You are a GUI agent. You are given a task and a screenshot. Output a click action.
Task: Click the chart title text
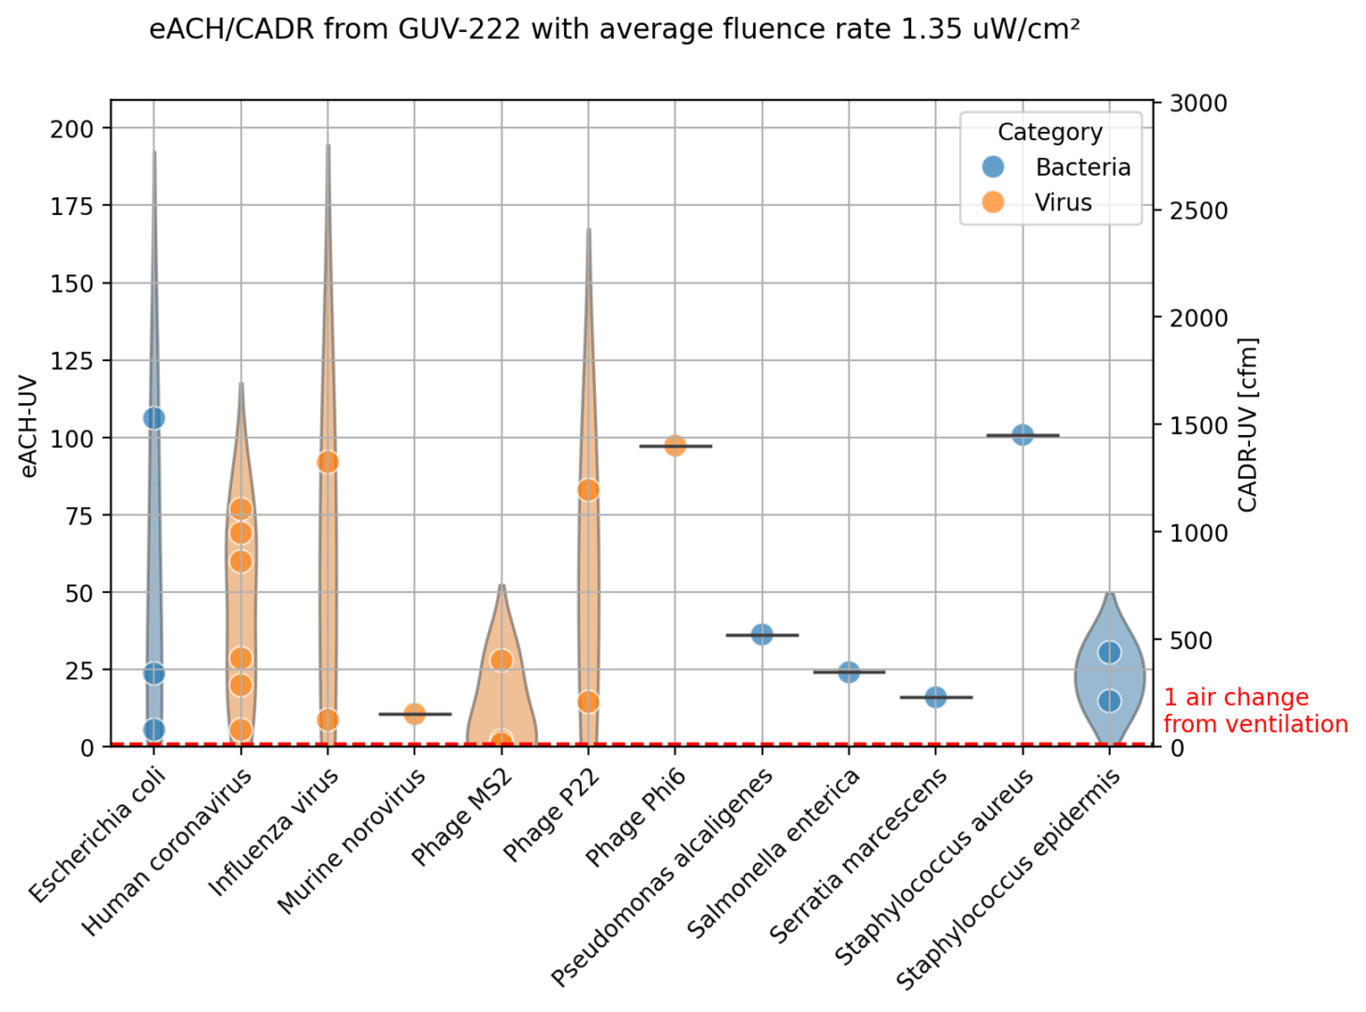coord(614,30)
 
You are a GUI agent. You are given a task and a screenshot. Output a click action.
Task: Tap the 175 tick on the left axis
coord(72,206)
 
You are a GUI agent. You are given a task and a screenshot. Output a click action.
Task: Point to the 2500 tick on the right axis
coord(1199,210)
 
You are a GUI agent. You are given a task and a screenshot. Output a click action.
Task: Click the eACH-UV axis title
coord(29,426)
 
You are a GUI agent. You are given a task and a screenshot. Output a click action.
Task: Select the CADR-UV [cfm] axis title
coord(1247,425)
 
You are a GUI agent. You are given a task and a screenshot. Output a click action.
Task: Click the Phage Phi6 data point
coord(676,446)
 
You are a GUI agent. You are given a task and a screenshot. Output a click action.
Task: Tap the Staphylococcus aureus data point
coord(1023,435)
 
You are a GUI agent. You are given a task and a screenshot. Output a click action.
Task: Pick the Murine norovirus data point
coord(414,714)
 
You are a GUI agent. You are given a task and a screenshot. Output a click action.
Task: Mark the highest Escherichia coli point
coord(154,418)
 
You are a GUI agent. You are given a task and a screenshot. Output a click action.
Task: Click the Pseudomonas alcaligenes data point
coord(762,634)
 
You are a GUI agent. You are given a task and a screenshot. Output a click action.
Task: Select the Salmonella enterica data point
coord(849,672)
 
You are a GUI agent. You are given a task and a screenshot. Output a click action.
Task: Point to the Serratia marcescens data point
coord(936,697)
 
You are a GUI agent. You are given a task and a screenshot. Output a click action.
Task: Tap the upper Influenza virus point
coord(327,462)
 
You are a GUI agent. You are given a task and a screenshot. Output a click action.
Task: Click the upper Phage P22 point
coord(589,490)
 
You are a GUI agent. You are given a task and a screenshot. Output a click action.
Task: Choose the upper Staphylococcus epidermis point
coord(1110,652)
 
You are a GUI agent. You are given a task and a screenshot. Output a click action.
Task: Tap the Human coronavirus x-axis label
coord(168,852)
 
